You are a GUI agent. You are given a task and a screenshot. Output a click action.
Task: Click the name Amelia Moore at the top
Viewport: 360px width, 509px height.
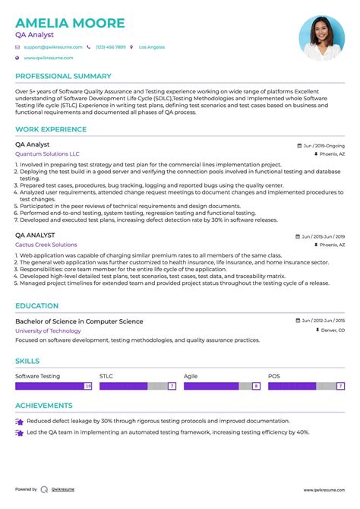(x=70, y=23)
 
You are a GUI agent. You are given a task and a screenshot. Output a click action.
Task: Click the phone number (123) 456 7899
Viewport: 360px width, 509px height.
(x=110, y=47)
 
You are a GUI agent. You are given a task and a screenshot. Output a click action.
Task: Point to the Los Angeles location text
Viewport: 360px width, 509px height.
(x=152, y=47)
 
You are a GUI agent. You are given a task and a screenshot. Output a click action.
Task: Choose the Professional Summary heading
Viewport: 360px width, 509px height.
(x=63, y=76)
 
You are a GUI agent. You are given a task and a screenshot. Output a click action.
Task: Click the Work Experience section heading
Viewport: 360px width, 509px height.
(x=51, y=129)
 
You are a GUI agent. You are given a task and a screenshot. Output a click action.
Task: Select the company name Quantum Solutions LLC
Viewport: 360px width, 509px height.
(x=47, y=153)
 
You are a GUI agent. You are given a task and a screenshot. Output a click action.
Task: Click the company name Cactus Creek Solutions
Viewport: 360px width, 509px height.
(x=46, y=245)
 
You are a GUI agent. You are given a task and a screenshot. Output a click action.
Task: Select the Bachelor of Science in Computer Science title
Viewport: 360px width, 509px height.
(x=79, y=321)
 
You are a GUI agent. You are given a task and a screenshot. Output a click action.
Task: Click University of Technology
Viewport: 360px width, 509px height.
(x=48, y=330)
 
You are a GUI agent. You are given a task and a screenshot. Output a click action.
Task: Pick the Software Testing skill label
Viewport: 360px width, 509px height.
(x=38, y=376)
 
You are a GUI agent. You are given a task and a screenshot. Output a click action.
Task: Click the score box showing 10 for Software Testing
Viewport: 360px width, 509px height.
(x=88, y=386)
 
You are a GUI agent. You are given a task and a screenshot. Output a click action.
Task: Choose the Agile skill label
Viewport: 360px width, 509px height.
(x=191, y=376)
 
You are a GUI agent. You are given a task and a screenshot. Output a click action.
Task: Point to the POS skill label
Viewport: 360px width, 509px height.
(x=273, y=376)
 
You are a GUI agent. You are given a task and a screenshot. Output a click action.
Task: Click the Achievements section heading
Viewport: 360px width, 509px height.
(x=44, y=406)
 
